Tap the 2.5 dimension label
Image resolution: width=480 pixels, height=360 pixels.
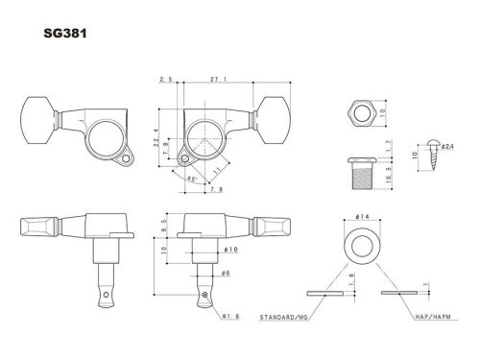coord(165,82)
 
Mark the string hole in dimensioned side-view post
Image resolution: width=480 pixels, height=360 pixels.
coord(204,292)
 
